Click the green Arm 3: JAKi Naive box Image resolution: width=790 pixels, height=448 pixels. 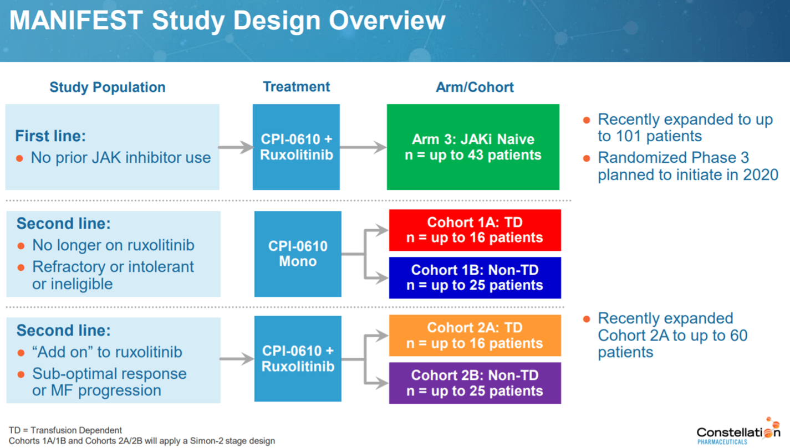[473, 147]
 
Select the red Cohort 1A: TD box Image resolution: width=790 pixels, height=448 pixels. [475, 230]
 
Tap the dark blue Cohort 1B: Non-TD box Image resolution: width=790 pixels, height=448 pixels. [475, 277]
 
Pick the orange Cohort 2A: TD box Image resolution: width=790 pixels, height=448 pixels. [475, 336]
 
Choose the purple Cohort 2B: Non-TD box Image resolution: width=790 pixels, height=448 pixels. [475, 383]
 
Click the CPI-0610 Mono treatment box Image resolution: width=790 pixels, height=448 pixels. [298, 254]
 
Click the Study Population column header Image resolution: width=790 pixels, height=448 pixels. [108, 87]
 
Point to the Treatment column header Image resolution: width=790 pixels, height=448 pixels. [296, 87]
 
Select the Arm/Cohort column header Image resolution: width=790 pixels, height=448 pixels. [475, 87]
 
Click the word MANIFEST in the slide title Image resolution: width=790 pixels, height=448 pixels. [77, 21]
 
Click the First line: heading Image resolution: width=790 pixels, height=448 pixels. [50, 136]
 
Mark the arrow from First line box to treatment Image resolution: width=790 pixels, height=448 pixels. [236, 147]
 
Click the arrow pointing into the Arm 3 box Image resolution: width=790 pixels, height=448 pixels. [364, 147]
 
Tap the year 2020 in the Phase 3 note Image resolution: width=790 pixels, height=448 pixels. [761, 175]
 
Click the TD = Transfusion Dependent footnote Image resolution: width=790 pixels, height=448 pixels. [65, 430]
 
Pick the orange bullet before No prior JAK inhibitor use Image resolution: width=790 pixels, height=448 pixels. [20, 158]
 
